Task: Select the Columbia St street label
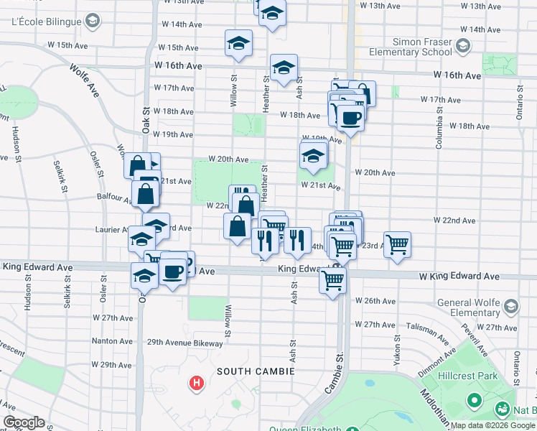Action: (439, 130)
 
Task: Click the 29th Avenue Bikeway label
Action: (185, 343)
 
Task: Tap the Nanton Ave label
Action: (111, 341)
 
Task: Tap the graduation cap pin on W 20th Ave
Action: (313, 155)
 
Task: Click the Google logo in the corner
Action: (24, 422)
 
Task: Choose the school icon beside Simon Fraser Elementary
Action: (462, 47)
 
